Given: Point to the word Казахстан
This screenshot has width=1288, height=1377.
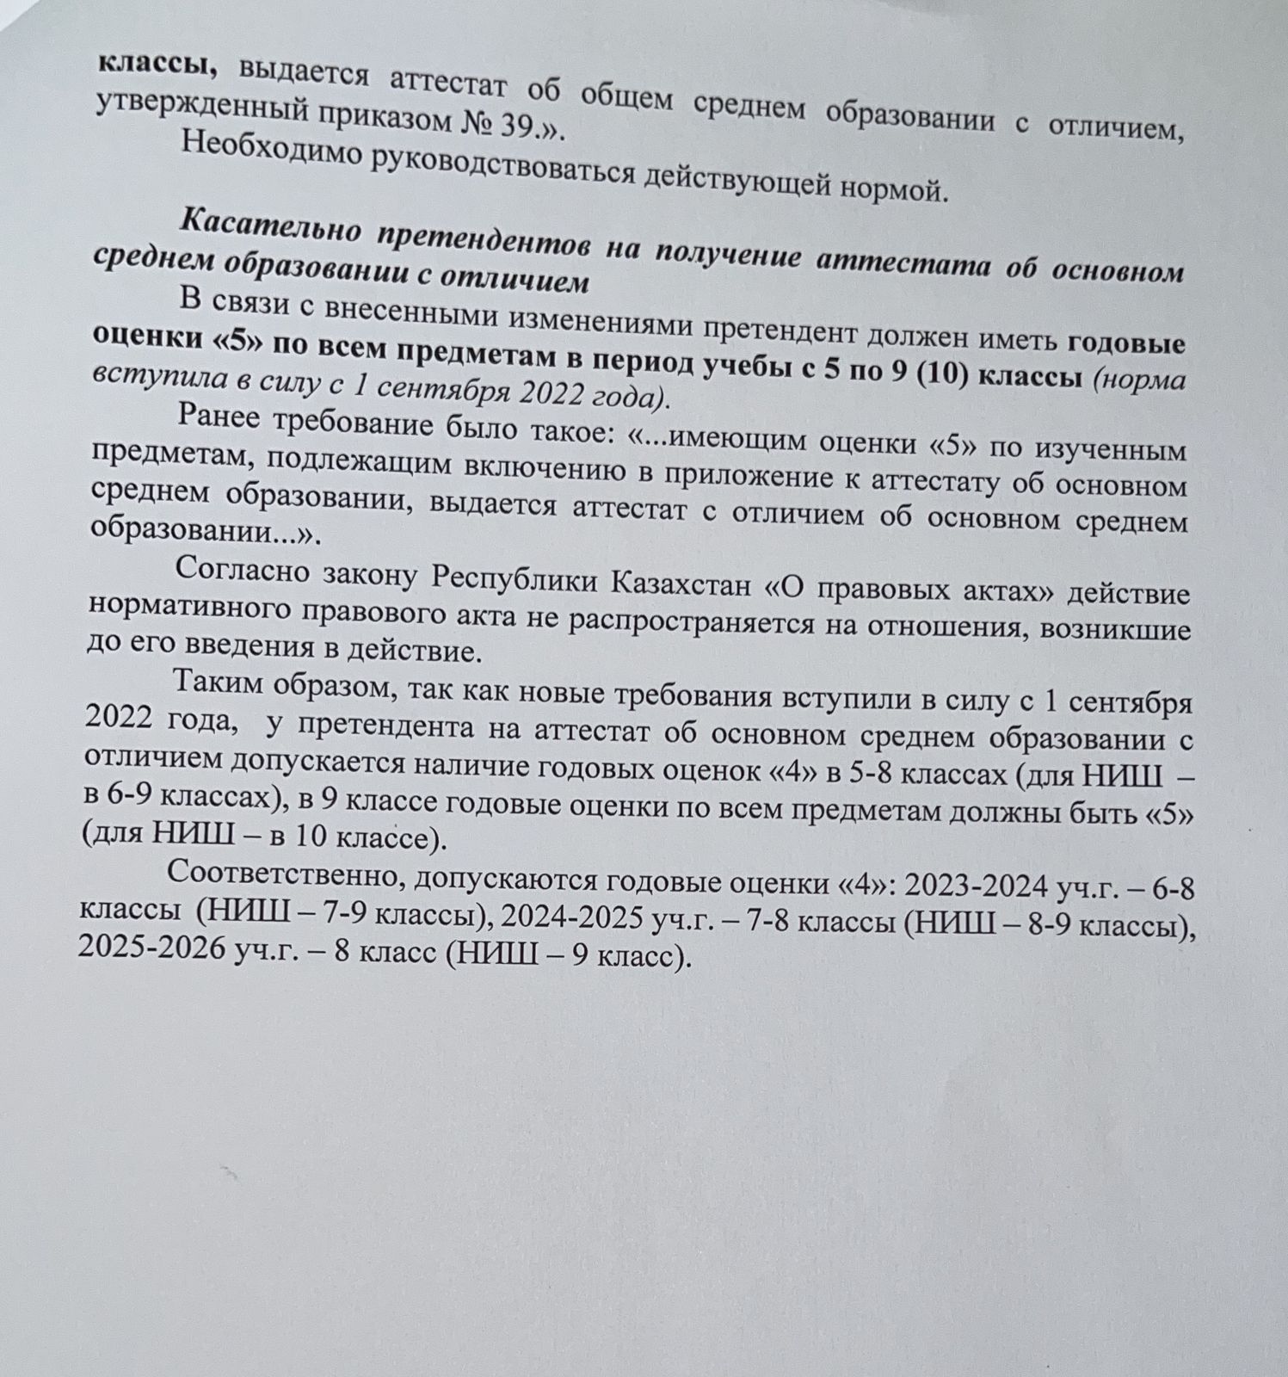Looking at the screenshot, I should [x=679, y=584].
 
